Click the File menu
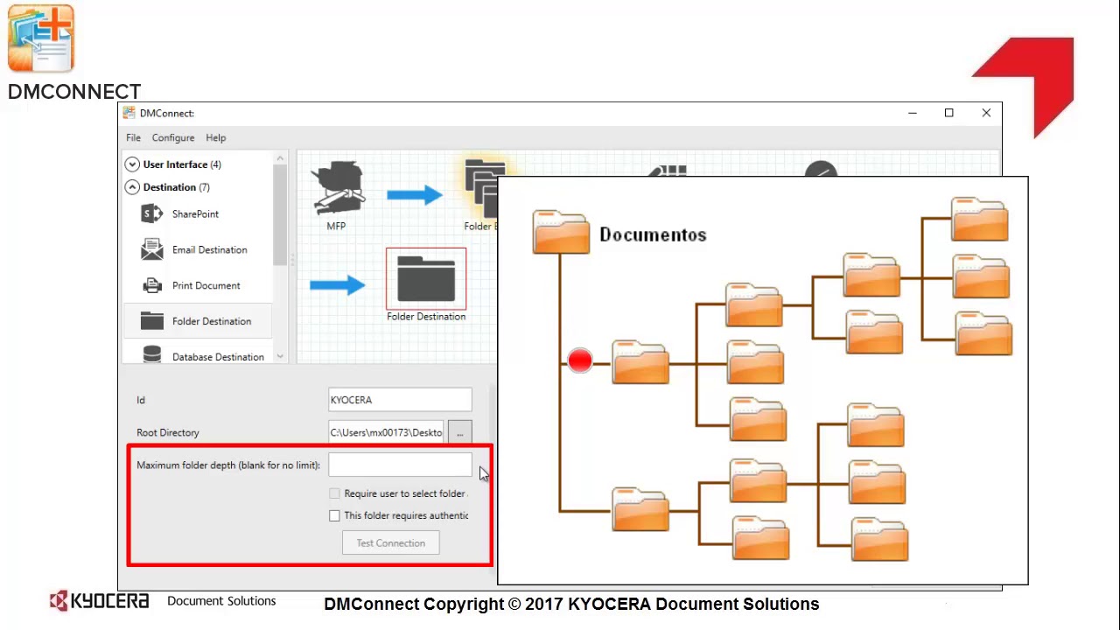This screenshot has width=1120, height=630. pyautogui.click(x=133, y=138)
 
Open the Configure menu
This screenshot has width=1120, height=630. pyautogui.click(x=173, y=138)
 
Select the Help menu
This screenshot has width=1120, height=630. pyautogui.click(x=215, y=138)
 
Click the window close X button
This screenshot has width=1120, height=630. pyautogui.click(x=986, y=113)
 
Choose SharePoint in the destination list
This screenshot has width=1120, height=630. pyautogui.click(x=194, y=214)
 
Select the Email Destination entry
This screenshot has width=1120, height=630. pyautogui.click(x=208, y=250)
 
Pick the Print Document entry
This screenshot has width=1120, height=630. pyautogui.click(x=205, y=286)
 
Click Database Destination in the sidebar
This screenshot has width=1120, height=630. pyautogui.click(x=217, y=357)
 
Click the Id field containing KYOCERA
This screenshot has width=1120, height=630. pyautogui.click(x=400, y=400)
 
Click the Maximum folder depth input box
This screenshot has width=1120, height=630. pyautogui.click(x=400, y=465)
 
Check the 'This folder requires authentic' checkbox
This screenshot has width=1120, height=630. pyautogui.click(x=334, y=516)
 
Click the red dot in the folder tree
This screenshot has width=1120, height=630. pyautogui.click(x=580, y=360)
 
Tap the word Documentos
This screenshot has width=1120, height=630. pyautogui.click(x=653, y=235)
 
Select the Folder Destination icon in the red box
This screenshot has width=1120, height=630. pyautogui.click(x=426, y=278)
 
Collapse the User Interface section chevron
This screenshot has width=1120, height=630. pyautogui.click(x=132, y=164)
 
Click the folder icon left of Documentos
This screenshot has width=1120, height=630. pyautogui.click(x=561, y=233)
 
